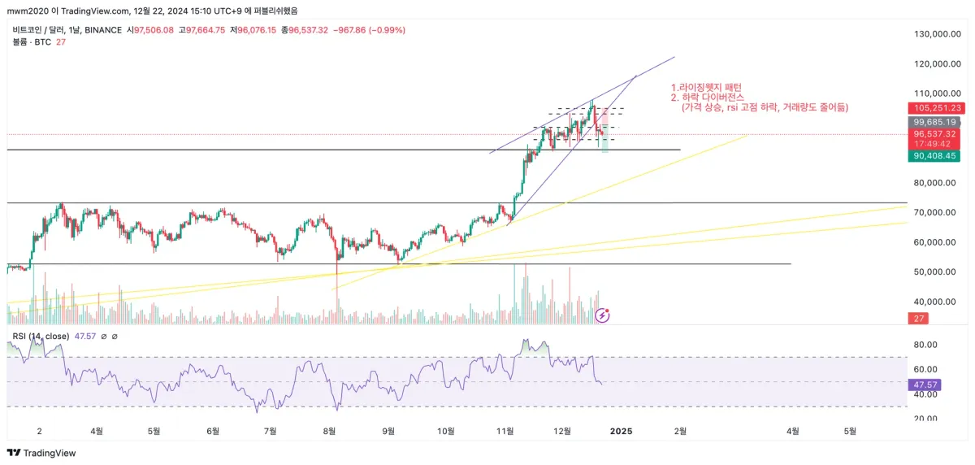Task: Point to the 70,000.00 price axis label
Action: (x=934, y=212)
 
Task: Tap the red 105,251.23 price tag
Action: (x=937, y=108)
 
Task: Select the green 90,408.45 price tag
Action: (x=937, y=156)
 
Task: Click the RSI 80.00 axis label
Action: (x=926, y=345)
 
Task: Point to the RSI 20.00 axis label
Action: (x=926, y=419)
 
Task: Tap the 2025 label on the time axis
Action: (x=622, y=432)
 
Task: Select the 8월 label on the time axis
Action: (x=330, y=432)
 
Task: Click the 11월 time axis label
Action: (x=506, y=432)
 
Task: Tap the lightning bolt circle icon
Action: (x=603, y=315)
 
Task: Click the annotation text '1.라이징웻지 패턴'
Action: (x=706, y=87)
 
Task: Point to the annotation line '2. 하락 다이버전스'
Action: (x=707, y=98)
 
